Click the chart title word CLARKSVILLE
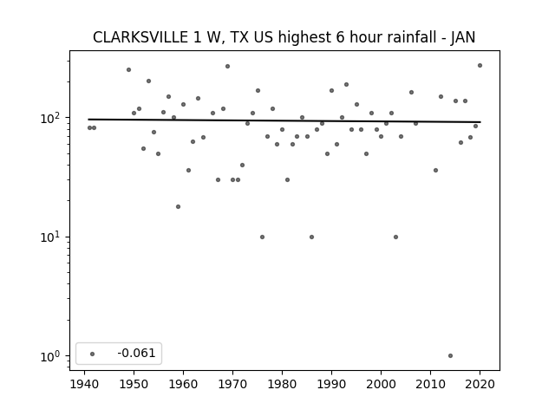140,37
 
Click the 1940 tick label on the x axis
85,384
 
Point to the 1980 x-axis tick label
282,384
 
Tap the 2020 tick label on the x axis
480,384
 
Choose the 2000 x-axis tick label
381,384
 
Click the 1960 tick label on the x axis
183,384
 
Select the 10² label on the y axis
51,118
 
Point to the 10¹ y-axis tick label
51,237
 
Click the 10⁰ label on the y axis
51,356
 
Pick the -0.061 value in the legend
136,353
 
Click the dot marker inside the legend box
93,354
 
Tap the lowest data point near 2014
450,356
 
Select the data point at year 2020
480,66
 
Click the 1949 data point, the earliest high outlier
129,69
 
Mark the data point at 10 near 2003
395,237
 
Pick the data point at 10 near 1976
262,237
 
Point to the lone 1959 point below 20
178,206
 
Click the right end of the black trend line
480,122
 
